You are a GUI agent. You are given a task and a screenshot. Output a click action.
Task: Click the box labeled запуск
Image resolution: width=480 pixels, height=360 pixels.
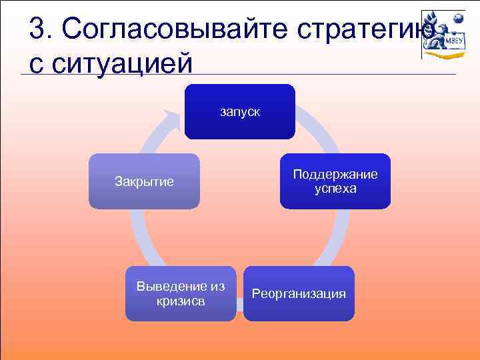click(x=239, y=111)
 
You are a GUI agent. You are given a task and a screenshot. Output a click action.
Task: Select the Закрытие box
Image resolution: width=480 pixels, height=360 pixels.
click(x=145, y=181)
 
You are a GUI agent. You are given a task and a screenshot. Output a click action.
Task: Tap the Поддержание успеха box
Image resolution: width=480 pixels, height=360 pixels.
click(x=335, y=181)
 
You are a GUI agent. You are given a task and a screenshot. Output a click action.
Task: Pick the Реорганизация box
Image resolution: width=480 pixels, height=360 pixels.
click(x=299, y=293)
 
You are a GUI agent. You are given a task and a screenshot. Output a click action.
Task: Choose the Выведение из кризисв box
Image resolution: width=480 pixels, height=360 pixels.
click(x=181, y=293)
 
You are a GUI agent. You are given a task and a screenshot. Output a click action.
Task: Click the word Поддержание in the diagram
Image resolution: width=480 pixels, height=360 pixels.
click(x=335, y=174)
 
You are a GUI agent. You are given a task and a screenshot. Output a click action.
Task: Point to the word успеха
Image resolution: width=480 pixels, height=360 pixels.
click(x=335, y=189)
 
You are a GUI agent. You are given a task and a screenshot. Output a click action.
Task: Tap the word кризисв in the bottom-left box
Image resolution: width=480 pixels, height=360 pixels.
click(x=181, y=301)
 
